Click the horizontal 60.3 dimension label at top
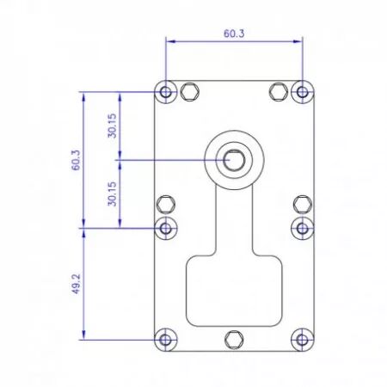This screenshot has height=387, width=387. (x=234, y=34)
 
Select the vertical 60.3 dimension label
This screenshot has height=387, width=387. (x=76, y=160)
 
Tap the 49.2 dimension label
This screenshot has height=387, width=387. (x=76, y=284)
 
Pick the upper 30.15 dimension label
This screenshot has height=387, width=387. (x=112, y=126)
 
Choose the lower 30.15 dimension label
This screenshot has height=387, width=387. (x=112, y=193)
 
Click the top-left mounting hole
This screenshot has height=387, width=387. (x=166, y=92)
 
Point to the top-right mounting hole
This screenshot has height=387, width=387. (x=303, y=92)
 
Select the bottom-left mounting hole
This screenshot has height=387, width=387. (x=166, y=340)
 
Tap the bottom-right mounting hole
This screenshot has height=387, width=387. (x=303, y=340)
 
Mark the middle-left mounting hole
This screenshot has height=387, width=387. (x=166, y=228)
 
